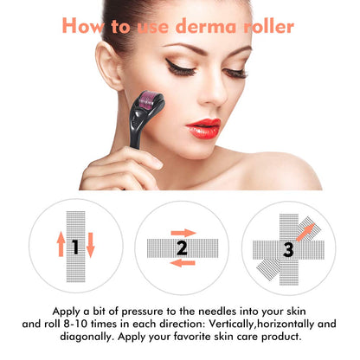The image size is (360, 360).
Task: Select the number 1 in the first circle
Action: [x=74, y=247]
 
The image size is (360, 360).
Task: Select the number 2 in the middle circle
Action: [x=181, y=248]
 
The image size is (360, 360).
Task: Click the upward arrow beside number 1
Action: [x=60, y=247]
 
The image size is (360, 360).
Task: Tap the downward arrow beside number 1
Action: [x=90, y=247]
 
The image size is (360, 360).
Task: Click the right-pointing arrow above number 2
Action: [x=183, y=232]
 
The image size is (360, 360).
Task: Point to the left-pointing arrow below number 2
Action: [x=179, y=262]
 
